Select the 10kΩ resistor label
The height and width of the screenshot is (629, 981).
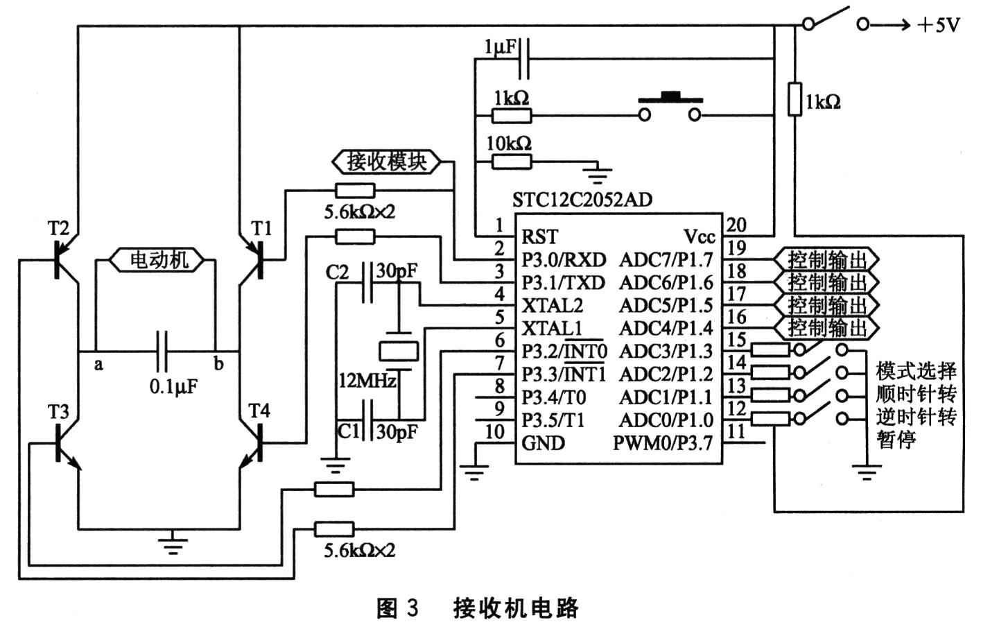[509, 144]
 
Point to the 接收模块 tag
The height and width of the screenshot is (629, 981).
[386, 162]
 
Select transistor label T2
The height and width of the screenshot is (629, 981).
[58, 228]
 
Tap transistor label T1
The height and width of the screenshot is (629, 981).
[261, 228]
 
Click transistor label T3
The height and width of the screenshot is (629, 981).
[58, 412]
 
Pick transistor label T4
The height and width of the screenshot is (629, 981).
[259, 411]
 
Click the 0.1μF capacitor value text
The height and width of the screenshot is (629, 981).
[173, 386]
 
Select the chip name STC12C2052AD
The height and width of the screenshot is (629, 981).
[582, 200]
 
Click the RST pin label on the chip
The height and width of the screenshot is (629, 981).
[539, 237]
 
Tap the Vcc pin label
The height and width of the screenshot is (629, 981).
[699, 237]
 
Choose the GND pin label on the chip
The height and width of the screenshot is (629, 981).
[543, 442]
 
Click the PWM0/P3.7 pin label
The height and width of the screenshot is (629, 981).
[663, 442]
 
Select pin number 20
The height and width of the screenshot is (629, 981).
[736, 225]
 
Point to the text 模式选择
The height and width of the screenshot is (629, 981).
[916, 371]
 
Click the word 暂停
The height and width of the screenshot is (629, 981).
[896, 439]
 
